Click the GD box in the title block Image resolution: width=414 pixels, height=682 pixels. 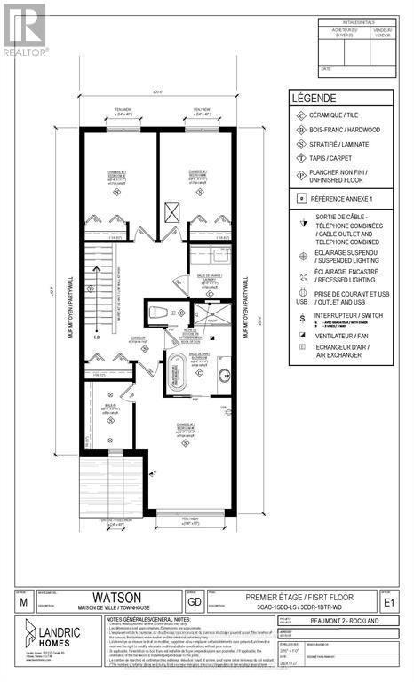coord(195,603)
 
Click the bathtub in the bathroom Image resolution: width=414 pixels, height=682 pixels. coord(175,368)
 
